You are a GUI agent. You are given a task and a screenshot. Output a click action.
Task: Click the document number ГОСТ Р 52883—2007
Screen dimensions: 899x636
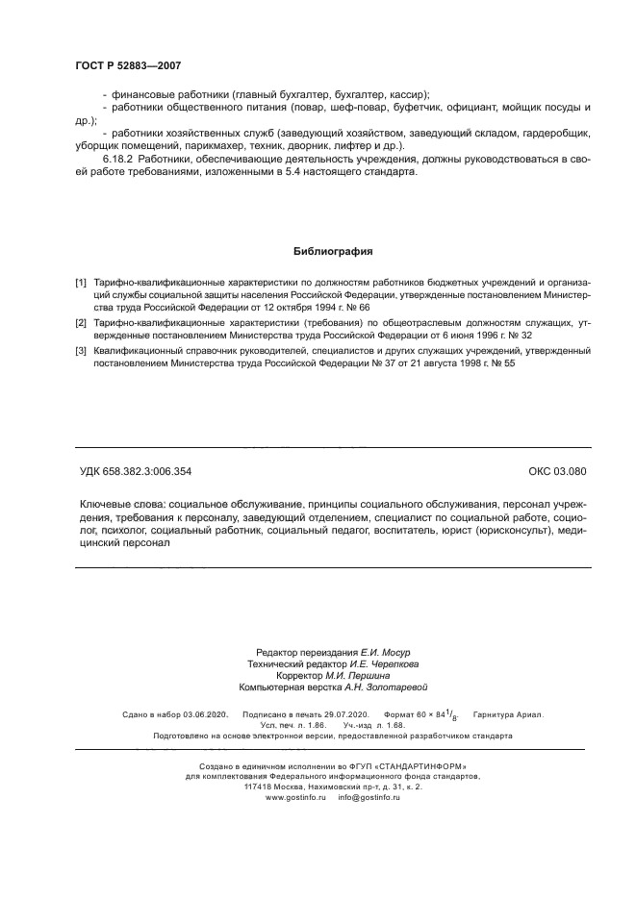pos(128,66)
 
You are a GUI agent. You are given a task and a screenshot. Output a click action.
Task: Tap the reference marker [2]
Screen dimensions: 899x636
pos(81,324)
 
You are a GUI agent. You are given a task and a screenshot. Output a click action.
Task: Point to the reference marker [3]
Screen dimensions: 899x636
pos(81,353)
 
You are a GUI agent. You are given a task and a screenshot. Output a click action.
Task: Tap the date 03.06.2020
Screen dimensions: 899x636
pos(204,714)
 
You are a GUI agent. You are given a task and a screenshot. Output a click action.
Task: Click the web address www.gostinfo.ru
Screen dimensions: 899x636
pos(296,798)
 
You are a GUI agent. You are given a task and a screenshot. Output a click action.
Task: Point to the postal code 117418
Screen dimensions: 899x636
pos(260,787)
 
